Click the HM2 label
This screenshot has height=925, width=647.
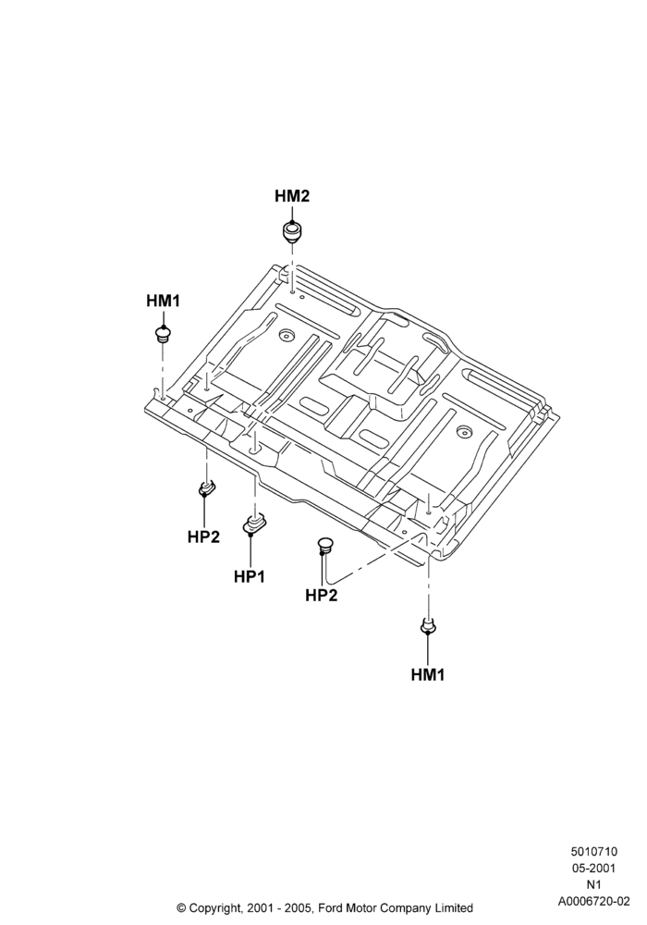click(x=292, y=196)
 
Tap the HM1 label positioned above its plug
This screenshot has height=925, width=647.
click(x=163, y=301)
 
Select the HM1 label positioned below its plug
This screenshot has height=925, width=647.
click(x=428, y=674)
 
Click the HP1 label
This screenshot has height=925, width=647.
click(x=250, y=576)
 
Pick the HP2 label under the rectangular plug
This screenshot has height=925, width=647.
click(x=204, y=536)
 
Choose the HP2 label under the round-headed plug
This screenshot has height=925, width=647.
click(x=321, y=595)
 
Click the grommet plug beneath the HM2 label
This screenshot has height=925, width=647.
click(x=291, y=231)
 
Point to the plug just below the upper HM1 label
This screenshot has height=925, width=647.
click(x=163, y=334)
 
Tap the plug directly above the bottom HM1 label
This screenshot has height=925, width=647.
click(x=428, y=625)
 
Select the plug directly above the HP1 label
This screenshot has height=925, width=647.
click(x=254, y=524)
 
